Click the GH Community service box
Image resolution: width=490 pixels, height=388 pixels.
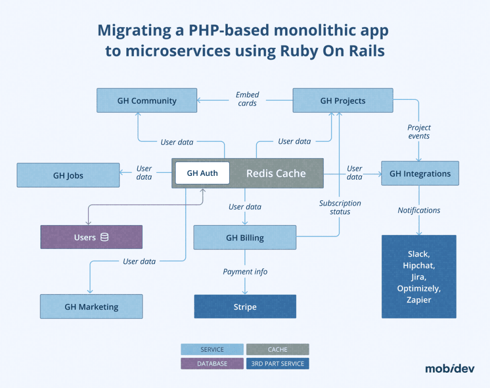[x=146, y=100]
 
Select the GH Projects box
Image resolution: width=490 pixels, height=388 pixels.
[x=343, y=100]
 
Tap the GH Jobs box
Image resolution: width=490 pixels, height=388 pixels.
[x=68, y=175]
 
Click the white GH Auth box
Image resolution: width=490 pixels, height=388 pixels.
[x=202, y=173]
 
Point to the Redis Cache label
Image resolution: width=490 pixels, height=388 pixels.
[x=276, y=173]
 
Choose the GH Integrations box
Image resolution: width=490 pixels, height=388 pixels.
[x=420, y=173]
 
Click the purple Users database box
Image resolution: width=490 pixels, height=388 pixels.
[x=91, y=237]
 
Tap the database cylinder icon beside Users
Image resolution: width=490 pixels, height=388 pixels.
[x=104, y=237]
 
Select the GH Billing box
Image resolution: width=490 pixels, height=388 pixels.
[x=245, y=237]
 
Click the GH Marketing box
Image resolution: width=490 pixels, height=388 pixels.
[x=91, y=307]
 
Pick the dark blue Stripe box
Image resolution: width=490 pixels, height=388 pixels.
[x=245, y=307]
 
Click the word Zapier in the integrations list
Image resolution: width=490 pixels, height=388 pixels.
[x=419, y=300]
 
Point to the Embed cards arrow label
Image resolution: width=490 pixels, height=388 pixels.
[x=247, y=99]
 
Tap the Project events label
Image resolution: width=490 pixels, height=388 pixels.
[x=419, y=131]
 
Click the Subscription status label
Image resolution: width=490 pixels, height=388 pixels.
[x=340, y=207]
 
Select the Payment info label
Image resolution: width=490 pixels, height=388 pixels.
[x=245, y=271]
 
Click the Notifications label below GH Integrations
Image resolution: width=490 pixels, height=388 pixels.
[x=419, y=210]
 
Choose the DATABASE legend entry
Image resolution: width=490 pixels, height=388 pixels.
[x=212, y=364]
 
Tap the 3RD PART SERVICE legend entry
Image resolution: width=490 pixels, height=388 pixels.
[x=278, y=364]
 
